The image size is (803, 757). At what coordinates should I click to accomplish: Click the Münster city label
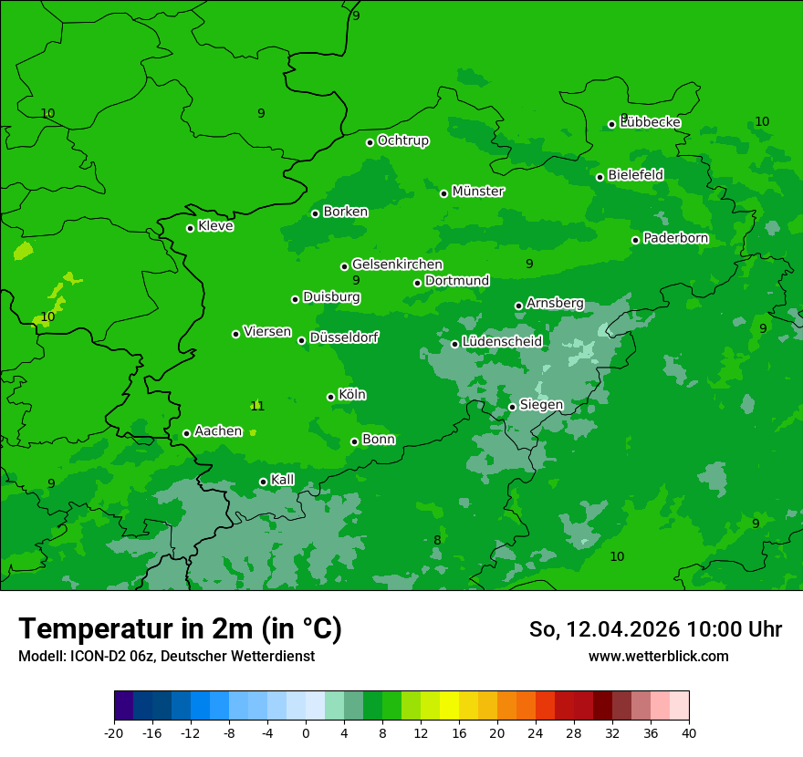478,192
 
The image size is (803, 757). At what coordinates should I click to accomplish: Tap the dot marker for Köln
330,397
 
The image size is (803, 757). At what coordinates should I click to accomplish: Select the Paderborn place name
675,238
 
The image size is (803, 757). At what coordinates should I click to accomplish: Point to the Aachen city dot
186,433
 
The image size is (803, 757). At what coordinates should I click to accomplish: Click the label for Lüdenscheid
502,342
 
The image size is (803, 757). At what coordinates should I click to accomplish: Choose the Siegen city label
541,405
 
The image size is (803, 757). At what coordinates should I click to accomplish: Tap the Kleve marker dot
190,228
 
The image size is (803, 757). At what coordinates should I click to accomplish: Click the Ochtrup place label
402,140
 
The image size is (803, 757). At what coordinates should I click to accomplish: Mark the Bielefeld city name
635,174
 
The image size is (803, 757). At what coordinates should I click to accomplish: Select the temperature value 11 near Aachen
257,406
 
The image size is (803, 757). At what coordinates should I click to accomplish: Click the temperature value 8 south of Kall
437,540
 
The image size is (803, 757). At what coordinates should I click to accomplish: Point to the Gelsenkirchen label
397,264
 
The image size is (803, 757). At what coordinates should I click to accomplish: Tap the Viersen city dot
235,334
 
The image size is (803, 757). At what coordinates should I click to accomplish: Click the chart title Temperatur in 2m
180,628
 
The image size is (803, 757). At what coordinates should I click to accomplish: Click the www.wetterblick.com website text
658,656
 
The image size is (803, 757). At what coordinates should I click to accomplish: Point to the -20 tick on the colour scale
114,732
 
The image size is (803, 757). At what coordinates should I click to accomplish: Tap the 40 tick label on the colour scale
689,732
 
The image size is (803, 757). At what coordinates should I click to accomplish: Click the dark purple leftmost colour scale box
123,706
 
